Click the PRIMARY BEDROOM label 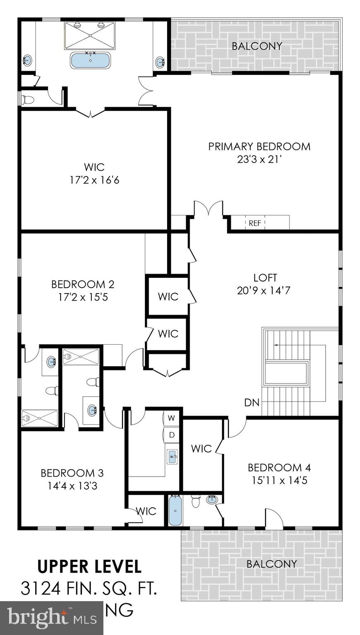coord(259,147)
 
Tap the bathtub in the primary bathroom coord(91,60)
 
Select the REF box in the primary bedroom coord(255,223)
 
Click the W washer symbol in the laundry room coord(172,418)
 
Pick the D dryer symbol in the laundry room coord(172,434)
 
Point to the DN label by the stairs coord(252,402)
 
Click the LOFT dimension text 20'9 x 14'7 coord(264,291)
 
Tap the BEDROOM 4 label coord(279,468)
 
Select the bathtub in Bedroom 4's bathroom coord(175,511)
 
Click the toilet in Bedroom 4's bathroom coord(196,501)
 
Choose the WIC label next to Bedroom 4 coord(201,449)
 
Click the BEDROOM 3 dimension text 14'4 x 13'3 coord(72,486)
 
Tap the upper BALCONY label coord(257,46)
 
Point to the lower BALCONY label coord(271,563)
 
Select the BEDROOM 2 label coord(83,284)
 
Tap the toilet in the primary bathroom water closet coord(28,100)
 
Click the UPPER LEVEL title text coord(89,566)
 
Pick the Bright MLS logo coord(52,618)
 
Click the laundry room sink coord(172,457)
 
